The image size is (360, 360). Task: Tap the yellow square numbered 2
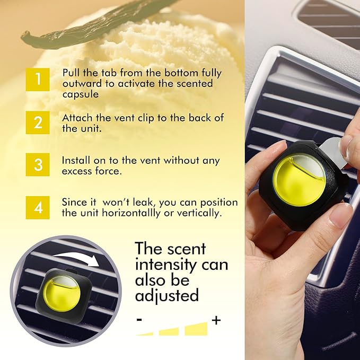pyautogui.click(x=38, y=122)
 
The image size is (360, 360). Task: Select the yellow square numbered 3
pyautogui.click(x=38, y=164)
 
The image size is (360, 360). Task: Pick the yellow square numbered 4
pyautogui.click(x=38, y=207)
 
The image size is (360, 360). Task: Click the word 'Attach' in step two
pyautogui.click(x=75, y=118)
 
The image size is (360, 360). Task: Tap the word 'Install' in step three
pyautogui.click(x=76, y=160)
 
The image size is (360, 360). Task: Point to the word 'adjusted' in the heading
pyautogui.click(x=166, y=294)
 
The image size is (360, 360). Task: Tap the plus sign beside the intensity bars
pyautogui.click(x=216, y=320)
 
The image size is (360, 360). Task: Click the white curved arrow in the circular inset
pyautogui.click(x=80, y=257)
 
